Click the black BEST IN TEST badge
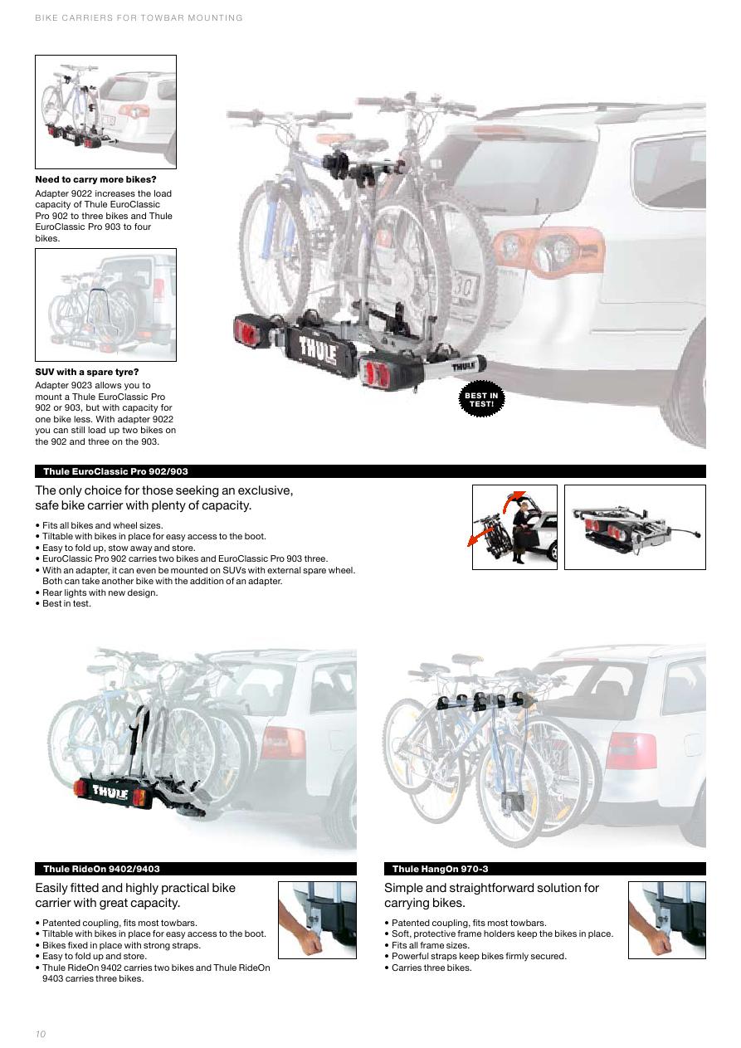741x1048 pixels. click(481, 399)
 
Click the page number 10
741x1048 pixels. click(41, 1034)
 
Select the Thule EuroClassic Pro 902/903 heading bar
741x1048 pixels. click(370, 471)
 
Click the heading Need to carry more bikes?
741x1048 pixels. click(95, 179)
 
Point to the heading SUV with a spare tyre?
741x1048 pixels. click(87, 372)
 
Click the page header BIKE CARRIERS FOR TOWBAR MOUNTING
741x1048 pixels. click(139, 17)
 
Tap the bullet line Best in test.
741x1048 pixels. click(66, 603)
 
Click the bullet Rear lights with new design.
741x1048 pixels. click(100, 592)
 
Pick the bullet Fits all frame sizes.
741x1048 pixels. click(431, 945)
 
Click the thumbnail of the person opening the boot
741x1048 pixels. click(514, 527)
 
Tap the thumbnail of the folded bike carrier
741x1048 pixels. click(635, 527)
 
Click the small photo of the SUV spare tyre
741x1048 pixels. click(105, 305)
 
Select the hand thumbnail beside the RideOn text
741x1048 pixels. click(317, 920)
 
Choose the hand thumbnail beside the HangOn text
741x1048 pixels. click(667, 920)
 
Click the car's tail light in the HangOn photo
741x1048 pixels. click(631, 751)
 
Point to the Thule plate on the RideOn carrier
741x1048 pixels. click(110, 791)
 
